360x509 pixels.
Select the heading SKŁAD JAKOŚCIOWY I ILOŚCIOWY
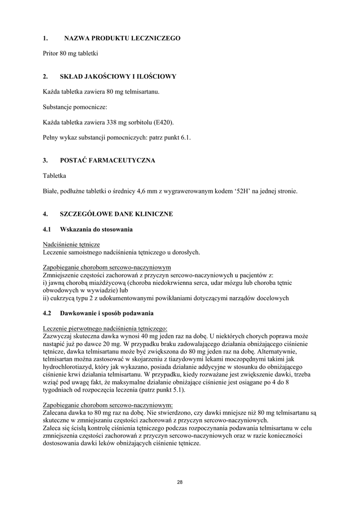tap(118, 77)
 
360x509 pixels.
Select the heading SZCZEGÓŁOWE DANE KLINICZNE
tap(116, 214)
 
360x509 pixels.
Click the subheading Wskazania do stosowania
tap(96, 229)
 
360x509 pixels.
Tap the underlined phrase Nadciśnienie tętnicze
tap(72, 245)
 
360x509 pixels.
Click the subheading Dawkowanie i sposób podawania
tap(107, 313)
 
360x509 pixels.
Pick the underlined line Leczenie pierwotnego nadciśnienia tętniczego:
tap(105, 328)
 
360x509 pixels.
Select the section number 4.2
tap(48, 313)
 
